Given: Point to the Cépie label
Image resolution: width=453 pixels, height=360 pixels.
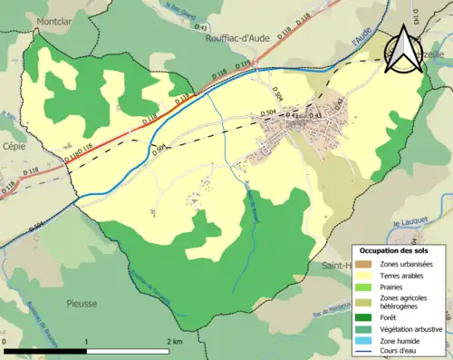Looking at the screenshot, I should tap(15, 143).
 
